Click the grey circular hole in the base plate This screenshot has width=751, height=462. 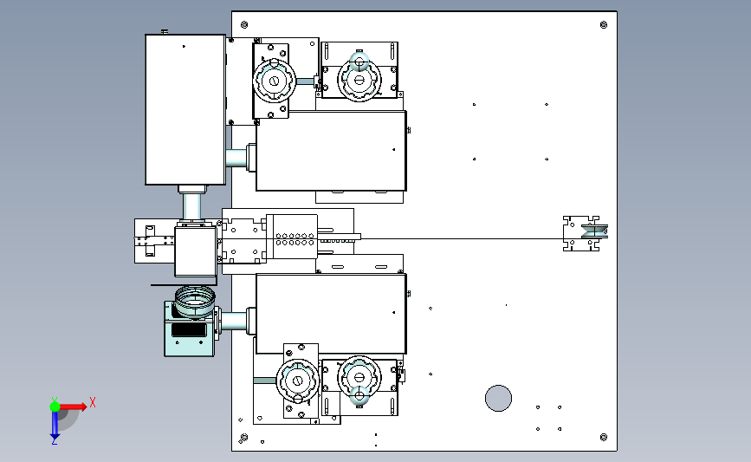point(498,398)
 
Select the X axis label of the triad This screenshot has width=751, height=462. point(93,402)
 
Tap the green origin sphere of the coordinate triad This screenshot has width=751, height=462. point(55,407)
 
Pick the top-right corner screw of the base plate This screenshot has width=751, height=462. point(604,25)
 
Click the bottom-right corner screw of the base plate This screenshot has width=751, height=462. point(604,437)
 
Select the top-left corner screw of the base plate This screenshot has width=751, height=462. point(244,25)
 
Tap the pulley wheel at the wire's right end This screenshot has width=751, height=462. point(594,231)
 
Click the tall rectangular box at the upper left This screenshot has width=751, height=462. point(185,109)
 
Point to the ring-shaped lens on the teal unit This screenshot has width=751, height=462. point(194,301)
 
